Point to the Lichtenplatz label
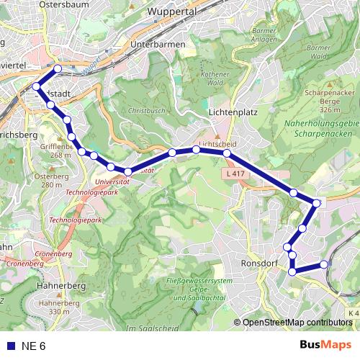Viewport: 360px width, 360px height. pyautogui.click(x=232, y=112)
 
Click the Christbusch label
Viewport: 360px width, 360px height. pyautogui.click(x=145, y=112)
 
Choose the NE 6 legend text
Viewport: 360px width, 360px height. pyautogui.click(x=33, y=346)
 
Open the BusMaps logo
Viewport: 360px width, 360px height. pyautogui.click(x=325, y=346)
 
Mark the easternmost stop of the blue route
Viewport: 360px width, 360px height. pyautogui.click(x=324, y=264)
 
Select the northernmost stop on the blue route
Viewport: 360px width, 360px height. pyautogui.click(x=58, y=69)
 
